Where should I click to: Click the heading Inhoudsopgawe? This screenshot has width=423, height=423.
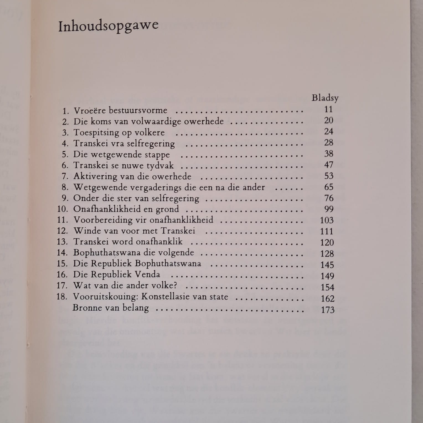coord(108,26)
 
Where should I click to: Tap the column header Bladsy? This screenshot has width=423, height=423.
coord(325,98)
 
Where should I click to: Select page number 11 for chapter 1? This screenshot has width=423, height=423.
coord(328,109)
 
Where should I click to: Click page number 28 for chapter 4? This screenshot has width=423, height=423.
coord(329,143)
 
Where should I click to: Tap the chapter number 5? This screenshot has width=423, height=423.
coord(65,154)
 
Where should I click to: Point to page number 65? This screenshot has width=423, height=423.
coord(329,187)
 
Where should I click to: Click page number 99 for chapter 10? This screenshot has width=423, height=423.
coord(329,209)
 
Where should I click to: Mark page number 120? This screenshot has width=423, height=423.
coord(327,243)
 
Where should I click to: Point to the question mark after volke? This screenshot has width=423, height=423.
coord(175,285)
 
